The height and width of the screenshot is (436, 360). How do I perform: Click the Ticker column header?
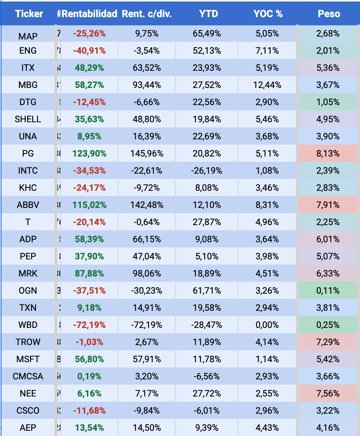pos(29,14)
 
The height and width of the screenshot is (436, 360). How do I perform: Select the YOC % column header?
pos(268,14)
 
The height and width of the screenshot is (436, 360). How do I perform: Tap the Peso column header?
pos(329,14)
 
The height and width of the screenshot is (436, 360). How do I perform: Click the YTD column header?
pos(208,14)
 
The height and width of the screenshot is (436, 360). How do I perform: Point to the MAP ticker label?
pos(28,36)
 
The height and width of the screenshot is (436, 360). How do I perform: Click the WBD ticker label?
pos(28,325)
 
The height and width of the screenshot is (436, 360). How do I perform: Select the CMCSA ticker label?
pos(28,376)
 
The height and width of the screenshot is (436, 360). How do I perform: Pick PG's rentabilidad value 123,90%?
pos(89,154)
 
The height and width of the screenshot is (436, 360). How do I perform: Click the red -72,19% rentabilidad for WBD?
pos(89,325)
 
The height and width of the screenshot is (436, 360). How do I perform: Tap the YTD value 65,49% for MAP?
pos(207,34)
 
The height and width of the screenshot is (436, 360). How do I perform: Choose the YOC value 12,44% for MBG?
pos(267,85)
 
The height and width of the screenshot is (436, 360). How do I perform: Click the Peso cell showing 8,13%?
pos(328,154)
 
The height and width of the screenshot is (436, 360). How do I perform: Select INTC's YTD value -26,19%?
pos(207,171)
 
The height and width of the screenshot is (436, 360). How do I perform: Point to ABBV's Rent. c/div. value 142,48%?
pos(146,205)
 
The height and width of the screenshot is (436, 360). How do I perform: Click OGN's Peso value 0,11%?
pos(328,291)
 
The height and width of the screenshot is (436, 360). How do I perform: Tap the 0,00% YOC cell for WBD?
pos(267,325)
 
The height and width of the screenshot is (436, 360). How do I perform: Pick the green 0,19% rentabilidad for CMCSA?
pos(89,376)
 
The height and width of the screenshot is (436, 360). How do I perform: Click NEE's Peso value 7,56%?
pos(328,394)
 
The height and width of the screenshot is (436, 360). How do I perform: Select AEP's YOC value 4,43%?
pos(267,428)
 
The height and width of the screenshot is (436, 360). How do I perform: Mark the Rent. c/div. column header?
pos(146,14)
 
